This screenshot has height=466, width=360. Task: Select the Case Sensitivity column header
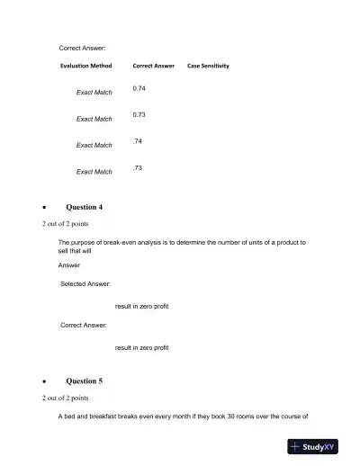coord(208,66)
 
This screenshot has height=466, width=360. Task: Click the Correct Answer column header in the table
coord(153,66)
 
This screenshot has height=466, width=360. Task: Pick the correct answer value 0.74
coord(139,88)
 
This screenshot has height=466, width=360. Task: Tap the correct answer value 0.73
coord(139,115)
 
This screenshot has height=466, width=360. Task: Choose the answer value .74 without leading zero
coord(138,141)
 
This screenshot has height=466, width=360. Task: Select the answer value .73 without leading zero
coord(138,168)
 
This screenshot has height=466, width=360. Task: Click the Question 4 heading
coord(85,207)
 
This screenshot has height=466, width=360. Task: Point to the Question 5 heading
coord(85,381)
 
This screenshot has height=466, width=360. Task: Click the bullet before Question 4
coord(45,208)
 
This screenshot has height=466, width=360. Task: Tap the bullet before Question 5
coord(45,381)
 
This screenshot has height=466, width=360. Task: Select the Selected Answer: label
coord(85,283)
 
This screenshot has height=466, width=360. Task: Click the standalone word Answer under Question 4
coord(69,264)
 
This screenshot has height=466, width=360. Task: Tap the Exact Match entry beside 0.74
coord(94,92)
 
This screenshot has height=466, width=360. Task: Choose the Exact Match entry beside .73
coord(94,171)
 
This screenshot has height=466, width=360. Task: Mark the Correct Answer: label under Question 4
coord(84,325)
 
